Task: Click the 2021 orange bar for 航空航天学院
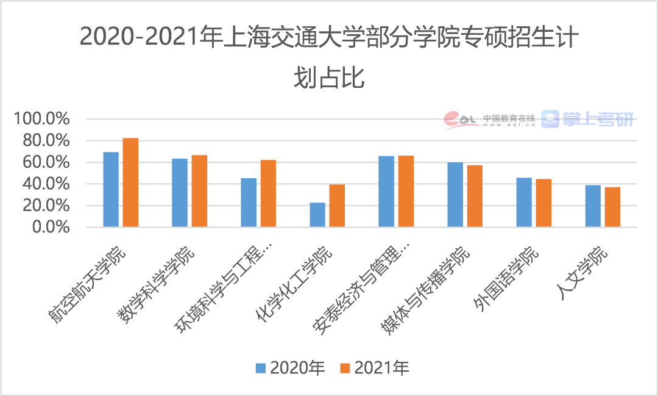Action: coord(130,182)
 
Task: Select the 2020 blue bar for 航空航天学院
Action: coord(111,189)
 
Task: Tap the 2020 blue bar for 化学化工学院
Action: coord(317,215)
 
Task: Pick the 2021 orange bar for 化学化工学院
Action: coord(337,206)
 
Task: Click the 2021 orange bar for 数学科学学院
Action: coord(199,191)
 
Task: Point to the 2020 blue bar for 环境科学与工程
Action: coord(249,203)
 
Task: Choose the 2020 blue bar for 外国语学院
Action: coord(524,203)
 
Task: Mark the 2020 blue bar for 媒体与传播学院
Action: coord(455,195)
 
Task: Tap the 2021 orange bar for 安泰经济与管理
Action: coord(406,192)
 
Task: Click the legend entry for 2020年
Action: coord(290,367)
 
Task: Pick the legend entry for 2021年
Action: coord(374,367)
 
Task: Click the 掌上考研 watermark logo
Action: coord(588,119)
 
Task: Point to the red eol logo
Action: coord(460,120)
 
